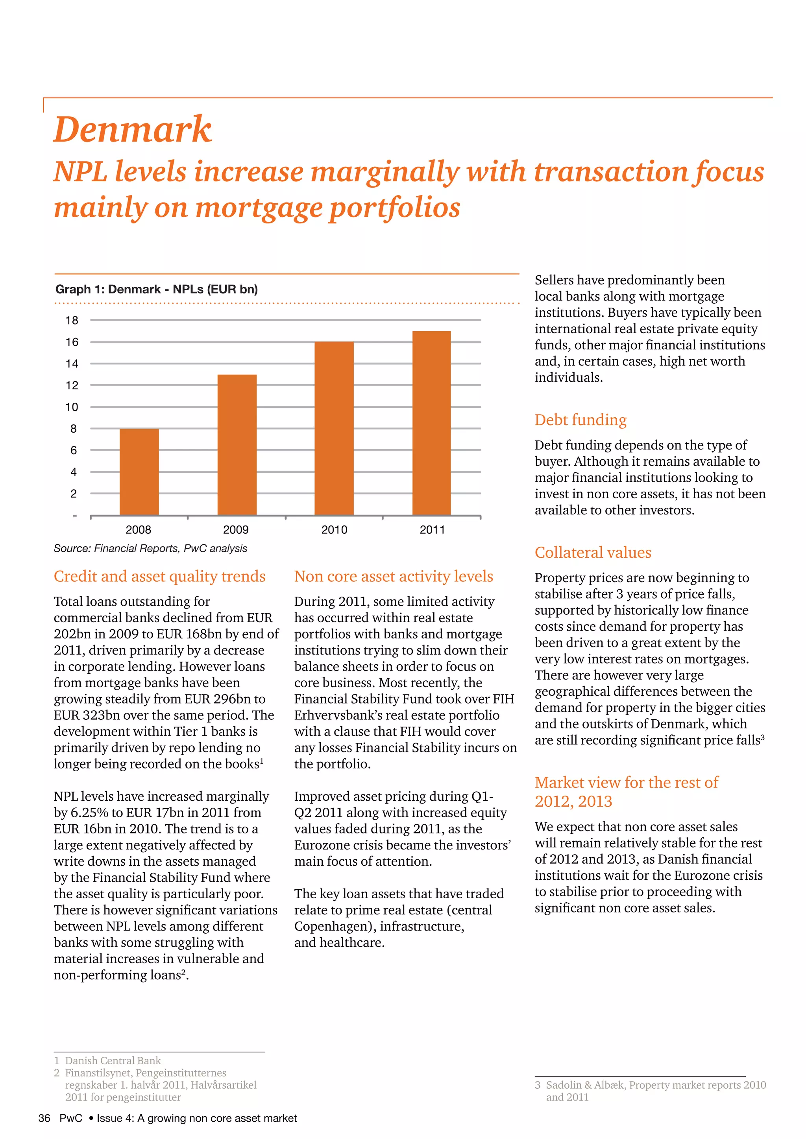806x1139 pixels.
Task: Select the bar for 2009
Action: pos(237,444)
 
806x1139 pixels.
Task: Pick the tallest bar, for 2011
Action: pos(431,423)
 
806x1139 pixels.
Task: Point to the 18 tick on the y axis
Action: pos(72,321)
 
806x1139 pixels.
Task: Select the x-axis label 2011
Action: pos(432,530)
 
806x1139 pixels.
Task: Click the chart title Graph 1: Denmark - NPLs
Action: pos(156,289)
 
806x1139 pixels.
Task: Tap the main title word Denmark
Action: pos(133,129)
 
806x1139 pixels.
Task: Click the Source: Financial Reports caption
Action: pos(150,548)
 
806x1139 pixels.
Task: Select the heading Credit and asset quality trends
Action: pos(159,577)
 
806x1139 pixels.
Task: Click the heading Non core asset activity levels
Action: pos(394,577)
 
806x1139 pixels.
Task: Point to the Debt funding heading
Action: pos(580,420)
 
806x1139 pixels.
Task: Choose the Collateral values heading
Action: pos(593,553)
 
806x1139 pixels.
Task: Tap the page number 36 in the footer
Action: pos(44,1118)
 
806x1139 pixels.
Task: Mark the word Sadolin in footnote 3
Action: pos(564,1085)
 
